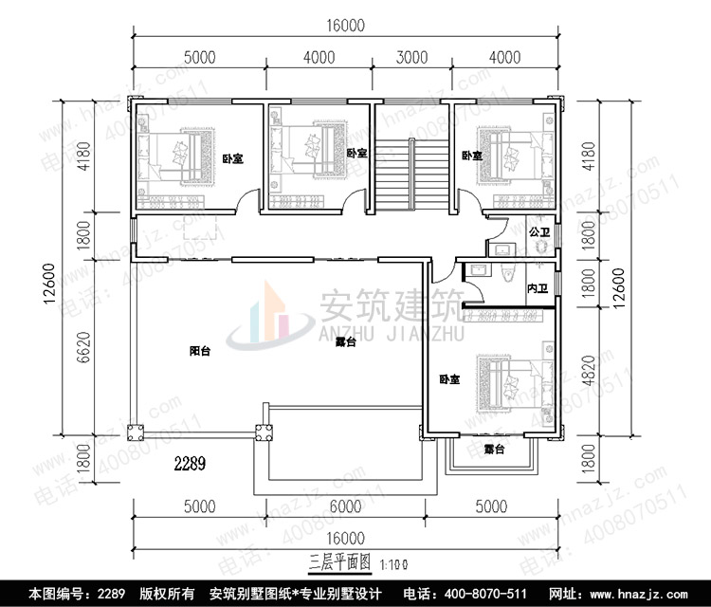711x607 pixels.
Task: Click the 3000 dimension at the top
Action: point(410,57)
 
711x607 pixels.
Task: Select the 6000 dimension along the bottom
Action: point(346,506)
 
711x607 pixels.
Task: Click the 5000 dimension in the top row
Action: point(199,57)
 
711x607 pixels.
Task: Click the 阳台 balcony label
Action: point(199,351)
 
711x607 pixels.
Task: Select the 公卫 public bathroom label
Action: point(538,231)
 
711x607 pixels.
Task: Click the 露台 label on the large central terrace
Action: point(346,343)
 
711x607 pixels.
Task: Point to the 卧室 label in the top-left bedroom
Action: point(232,159)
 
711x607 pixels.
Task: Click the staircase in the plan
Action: point(411,175)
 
